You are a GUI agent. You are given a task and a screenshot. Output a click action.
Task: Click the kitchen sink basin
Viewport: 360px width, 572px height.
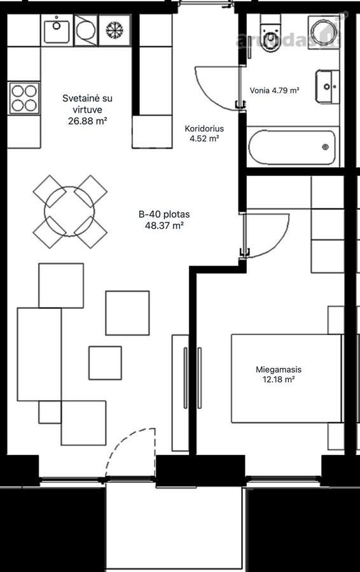click(x=56, y=31)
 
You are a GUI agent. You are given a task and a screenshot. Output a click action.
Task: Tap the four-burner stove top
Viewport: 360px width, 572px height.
click(x=24, y=99)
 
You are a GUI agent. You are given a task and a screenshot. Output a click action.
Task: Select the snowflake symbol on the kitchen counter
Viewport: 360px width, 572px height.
click(x=114, y=31)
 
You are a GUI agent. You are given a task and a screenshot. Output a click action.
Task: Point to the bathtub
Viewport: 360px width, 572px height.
click(x=292, y=147)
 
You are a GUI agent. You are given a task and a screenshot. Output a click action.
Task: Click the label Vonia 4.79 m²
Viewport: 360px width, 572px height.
click(x=275, y=90)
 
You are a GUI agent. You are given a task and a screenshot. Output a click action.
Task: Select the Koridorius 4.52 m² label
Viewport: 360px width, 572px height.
click(x=204, y=133)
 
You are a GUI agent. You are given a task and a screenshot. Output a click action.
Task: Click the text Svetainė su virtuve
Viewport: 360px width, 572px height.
click(x=87, y=104)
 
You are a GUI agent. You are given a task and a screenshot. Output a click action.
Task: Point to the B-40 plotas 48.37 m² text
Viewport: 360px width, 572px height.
click(x=164, y=220)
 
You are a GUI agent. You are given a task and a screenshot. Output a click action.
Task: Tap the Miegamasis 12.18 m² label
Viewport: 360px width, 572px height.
click(x=279, y=374)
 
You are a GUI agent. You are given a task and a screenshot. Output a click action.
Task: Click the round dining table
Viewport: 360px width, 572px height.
click(x=69, y=211)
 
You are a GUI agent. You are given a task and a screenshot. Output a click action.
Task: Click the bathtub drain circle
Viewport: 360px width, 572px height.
click(x=325, y=147)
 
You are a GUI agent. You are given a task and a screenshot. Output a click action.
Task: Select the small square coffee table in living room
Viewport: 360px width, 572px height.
click(x=105, y=363)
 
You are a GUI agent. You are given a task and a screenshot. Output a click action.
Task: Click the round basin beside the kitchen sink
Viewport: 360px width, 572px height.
click(x=85, y=31)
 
